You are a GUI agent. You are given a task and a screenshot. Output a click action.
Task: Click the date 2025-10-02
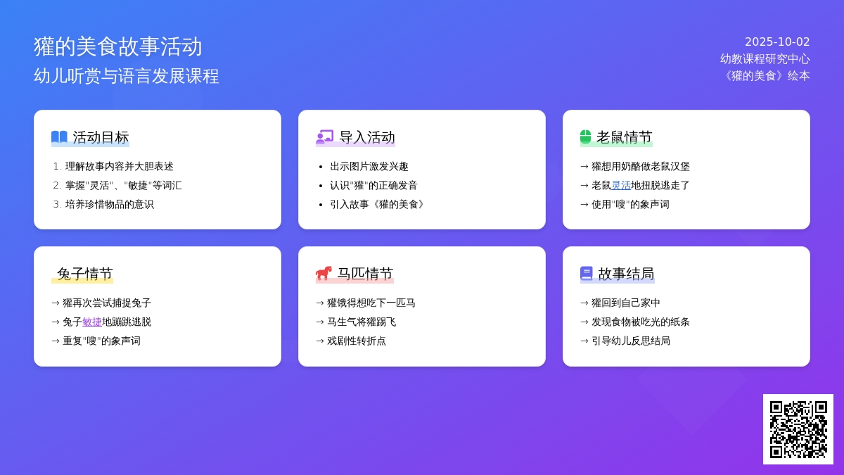(777, 42)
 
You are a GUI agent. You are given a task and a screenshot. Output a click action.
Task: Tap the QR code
(798, 429)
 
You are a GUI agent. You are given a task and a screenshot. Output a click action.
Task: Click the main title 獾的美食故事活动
(118, 46)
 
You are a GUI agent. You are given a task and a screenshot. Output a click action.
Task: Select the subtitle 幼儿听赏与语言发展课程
(126, 76)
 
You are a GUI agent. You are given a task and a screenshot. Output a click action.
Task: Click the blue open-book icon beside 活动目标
(59, 137)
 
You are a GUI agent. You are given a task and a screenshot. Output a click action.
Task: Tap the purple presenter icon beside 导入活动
(324, 137)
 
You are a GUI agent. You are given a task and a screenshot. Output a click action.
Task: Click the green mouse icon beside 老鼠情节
(585, 137)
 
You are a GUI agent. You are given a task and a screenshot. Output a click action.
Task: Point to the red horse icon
(324, 273)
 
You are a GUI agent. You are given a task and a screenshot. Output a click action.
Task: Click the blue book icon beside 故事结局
(587, 273)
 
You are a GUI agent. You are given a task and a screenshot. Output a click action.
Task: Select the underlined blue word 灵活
(621, 185)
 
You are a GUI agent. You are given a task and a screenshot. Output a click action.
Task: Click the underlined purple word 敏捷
(92, 322)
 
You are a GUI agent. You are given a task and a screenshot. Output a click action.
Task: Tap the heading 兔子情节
(85, 273)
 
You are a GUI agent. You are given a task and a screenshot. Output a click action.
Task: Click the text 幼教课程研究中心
(765, 59)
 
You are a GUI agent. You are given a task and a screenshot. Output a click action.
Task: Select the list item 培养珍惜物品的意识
(109, 204)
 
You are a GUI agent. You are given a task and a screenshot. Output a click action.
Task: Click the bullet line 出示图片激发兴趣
(369, 166)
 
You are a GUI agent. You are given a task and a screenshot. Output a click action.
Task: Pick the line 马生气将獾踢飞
(362, 322)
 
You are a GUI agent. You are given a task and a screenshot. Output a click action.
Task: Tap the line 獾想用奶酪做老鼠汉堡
(641, 166)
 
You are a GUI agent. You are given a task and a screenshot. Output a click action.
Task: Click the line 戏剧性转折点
(356, 341)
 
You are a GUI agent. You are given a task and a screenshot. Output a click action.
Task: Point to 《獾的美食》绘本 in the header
(766, 76)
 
